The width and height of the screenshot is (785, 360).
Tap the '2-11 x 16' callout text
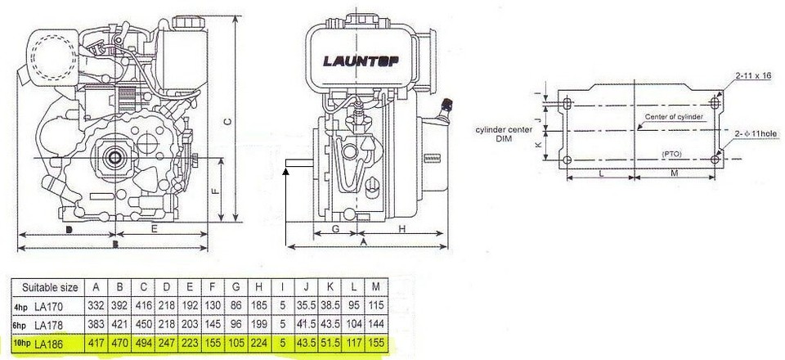click(x=753, y=75)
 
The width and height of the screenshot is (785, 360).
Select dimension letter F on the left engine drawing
click(x=213, y=191)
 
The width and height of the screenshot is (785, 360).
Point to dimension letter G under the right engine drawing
click(x=336, y=230)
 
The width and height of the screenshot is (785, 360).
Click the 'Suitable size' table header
click(x=51, y=287)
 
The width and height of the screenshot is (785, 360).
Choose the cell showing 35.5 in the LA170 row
click(x=308, y=304)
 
